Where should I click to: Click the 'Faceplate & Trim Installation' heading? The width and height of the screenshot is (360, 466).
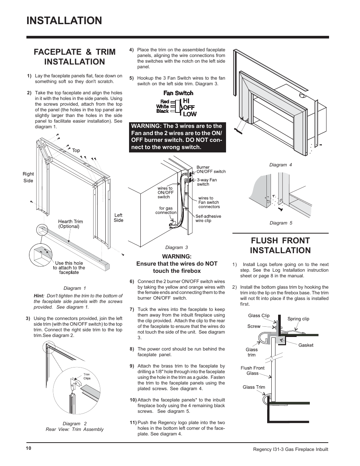coord(74,57)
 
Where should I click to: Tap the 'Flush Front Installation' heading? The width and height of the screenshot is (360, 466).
coord(280,245)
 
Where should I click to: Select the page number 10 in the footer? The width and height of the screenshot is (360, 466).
coord(29,448)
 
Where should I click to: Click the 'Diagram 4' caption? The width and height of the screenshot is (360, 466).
coord(280,165)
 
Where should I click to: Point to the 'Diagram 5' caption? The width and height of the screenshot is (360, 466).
coord(281,223)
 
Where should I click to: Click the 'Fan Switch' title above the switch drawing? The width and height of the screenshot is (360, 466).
coord(178,93)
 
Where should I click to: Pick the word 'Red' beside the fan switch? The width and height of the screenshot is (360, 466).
coord(165,102)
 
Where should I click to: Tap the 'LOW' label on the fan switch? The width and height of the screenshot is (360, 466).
coord(190,114)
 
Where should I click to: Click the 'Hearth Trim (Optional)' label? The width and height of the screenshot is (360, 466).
coord(70,224)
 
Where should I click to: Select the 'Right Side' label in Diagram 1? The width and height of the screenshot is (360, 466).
coord(28,177)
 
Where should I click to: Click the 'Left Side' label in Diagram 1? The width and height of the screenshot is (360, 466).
coord(118,218)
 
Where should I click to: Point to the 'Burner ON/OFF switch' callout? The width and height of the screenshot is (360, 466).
coord(211,169)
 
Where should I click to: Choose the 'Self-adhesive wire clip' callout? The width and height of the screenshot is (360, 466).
coord(208,218)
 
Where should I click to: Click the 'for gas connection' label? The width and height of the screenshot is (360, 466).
coord(166,210)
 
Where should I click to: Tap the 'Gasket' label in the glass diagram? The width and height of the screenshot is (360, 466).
coord(306,345)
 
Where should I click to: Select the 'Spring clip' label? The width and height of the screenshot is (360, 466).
coord(298,319)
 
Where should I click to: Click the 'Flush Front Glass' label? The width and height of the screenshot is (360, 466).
coord(252,371)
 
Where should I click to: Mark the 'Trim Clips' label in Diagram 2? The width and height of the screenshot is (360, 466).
coord(87,376)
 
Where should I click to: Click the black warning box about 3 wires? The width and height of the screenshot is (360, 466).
coord(178,137)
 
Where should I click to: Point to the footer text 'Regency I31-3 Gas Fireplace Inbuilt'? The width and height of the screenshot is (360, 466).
coord(290,449)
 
